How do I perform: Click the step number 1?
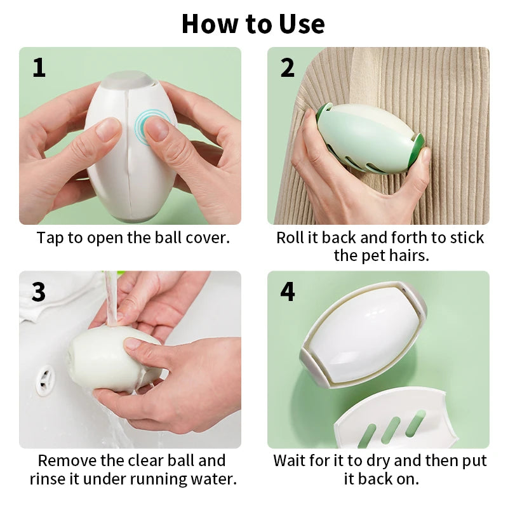[x=39, y=68]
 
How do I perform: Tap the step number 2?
[x=288, y=68]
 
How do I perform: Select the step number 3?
[x=39, y=291]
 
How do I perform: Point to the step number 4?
[x=288, y=291]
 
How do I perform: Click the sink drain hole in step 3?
[x=45, y=380]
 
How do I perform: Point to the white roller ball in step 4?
[x=363, y=334]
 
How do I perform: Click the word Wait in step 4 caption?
[x=289, y=460]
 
